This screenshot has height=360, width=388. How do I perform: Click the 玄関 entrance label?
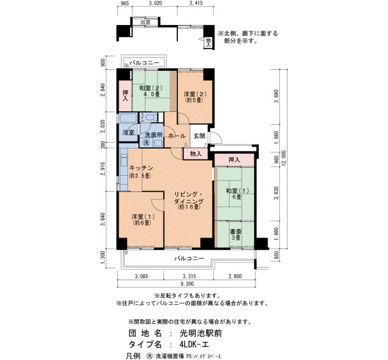point(199,136)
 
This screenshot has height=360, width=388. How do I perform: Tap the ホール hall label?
point(177,136)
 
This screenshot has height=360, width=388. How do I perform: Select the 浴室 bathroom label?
point(129,132)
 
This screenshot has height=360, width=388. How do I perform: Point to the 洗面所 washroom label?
point(154,135)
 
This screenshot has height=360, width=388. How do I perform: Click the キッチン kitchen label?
point(141,168)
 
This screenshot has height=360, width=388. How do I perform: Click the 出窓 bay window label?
point(145,22)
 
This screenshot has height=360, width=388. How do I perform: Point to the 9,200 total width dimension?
point(187,284)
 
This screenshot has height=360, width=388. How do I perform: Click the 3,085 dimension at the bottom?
point(141,276)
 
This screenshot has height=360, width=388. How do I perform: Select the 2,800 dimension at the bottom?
point(235,276)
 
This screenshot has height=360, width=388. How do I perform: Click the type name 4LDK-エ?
point(193,344)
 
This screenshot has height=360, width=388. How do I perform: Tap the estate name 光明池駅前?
point(201,333)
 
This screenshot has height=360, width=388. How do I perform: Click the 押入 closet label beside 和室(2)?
point(126,96)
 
